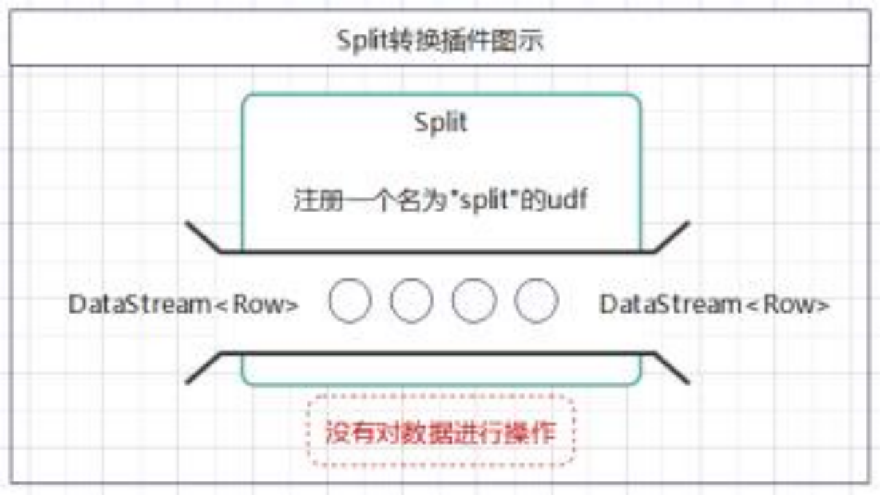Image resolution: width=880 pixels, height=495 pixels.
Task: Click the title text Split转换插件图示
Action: [440, 41]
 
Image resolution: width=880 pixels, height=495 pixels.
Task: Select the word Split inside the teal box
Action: [441, 122]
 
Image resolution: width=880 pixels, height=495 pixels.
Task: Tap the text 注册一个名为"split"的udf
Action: [441, 200]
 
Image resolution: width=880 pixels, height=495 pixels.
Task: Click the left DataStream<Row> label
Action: [184, 304]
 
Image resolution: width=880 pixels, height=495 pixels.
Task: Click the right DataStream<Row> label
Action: [715, 304]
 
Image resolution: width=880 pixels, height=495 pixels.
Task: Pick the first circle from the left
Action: [350, 301]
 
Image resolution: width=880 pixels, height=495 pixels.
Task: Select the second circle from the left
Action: [412, 301]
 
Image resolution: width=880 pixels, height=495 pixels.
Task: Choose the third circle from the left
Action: [474, 301]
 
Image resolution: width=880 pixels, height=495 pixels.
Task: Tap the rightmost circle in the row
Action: [536, 301]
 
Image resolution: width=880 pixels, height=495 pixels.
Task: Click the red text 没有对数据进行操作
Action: [441, 433]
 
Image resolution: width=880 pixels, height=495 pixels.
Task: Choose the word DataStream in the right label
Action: [670, 304]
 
